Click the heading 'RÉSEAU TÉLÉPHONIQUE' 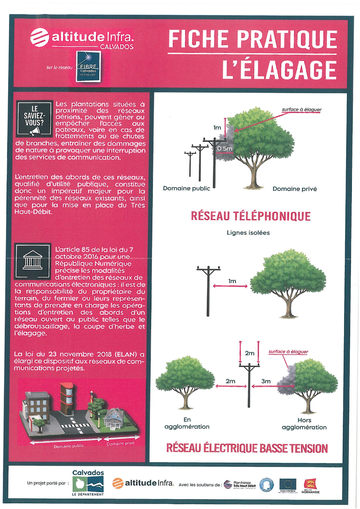pyautogui.click(x=250, y=216)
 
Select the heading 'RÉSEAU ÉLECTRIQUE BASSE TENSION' pyautogui.click(x=247, y=448)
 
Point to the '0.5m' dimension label pyautogui.click(x=224, y=149)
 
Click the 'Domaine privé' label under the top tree pyautogui.click(x=294, y=189)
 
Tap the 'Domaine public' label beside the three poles pyautogui.click(x=186, y=188)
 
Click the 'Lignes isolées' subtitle pyautogui.click(x=248, y=233)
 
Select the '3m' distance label pyautogui.click(x=266, y=381)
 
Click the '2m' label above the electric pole pyautogui.click(x=249, y=353)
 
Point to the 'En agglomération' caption pyautogui.click(x=187, y=423)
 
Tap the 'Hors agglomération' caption pyautogui.click(x=304, y=424)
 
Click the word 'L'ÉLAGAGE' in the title pyautogui.click(x=279, y=69)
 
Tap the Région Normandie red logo pyautogui.click(x=311, y=484)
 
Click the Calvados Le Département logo pyautogui.click(x=88, y=483)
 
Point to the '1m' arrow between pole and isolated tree pyautogui.click(x=232, y=285)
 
